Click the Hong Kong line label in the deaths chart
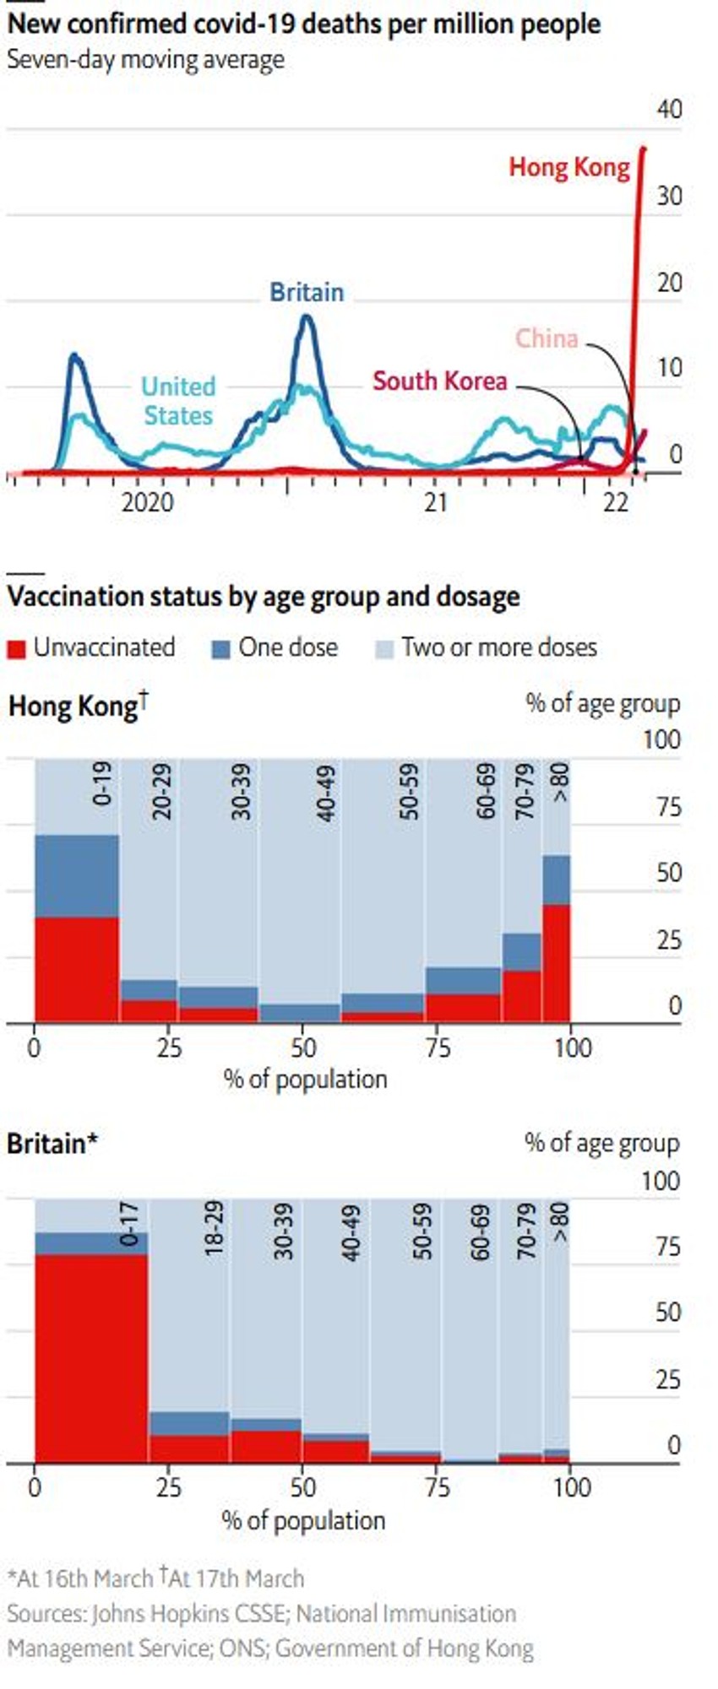(568, 167)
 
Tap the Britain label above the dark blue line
(307, 292)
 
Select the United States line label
(178, 401)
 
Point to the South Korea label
(439, 381)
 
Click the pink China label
(547, 338)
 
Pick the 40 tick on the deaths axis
(668, 109)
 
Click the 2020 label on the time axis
(147, 502)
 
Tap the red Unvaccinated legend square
(16, 649)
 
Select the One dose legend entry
(275, 647)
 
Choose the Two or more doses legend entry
(487, 647)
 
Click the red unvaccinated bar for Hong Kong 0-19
(76, 969)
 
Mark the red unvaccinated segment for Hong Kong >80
(556, 962)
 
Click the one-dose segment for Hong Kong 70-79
(522, 951)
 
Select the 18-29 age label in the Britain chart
(215, 1227)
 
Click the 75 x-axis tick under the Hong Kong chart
(438, 1048)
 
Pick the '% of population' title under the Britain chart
(303, 1520)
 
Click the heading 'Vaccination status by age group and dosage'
(263, 597)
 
